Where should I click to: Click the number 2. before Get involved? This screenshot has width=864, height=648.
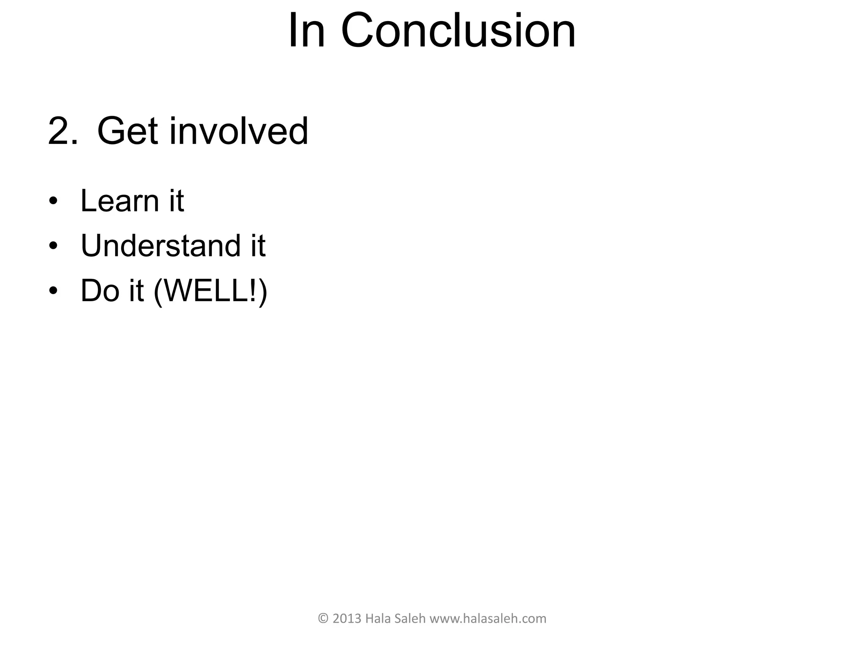point(63,131)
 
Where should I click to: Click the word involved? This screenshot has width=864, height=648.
point(239,131)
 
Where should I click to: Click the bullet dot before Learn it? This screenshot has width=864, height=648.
point(53,201)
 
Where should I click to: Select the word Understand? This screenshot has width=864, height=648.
point(160,246)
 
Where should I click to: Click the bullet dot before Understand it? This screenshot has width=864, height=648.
point(53,246)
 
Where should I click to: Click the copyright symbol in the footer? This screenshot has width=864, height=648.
point(323,619)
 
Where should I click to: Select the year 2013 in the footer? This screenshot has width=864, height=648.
point(347,619)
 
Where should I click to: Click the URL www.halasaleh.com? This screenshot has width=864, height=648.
point(488,619)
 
